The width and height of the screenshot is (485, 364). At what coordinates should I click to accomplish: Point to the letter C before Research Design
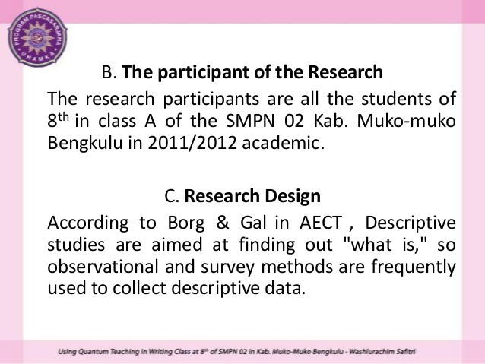[x=170, y=197]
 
